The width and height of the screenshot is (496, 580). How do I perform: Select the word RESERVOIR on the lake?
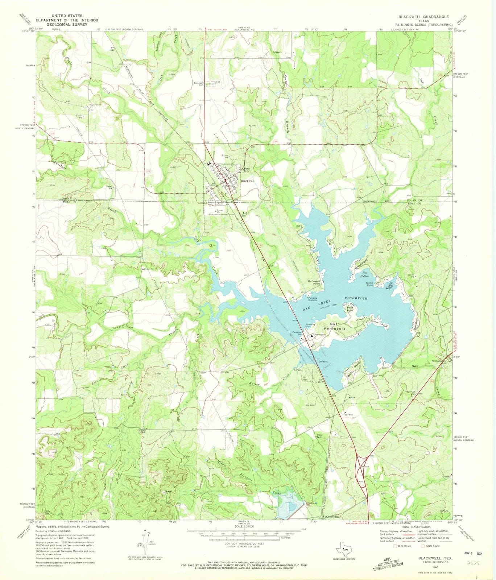[x=352, y=299]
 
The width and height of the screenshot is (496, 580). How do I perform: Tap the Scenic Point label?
[x=369, y=284]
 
